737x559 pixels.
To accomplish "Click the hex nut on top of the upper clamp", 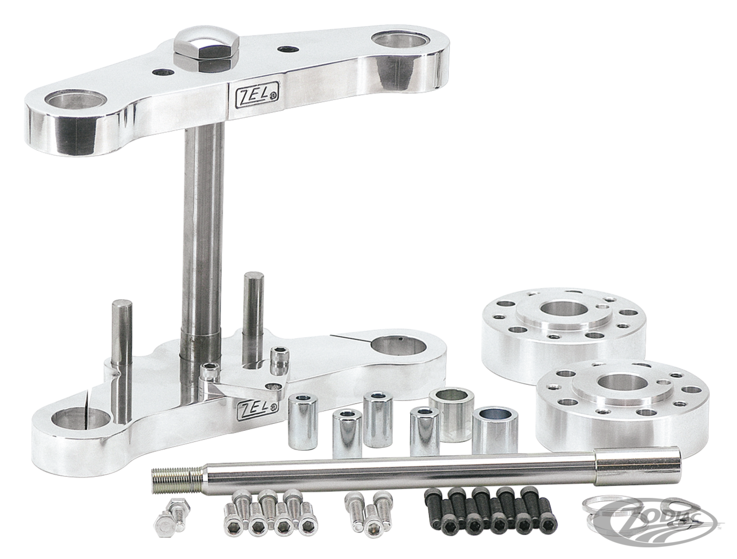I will point(206,47).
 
